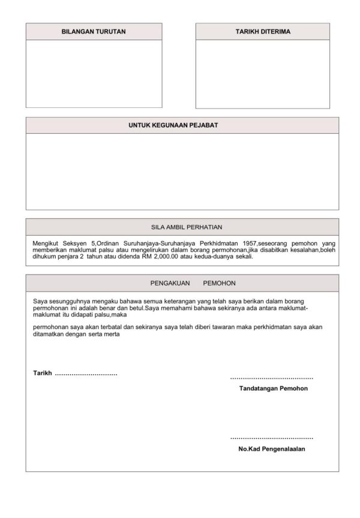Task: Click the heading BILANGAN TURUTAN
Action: tap(94, 31)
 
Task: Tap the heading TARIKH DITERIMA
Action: tap(263, 31)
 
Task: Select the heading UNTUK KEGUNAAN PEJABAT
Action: tap(182, 125)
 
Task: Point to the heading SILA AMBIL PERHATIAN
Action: tap(182, 227)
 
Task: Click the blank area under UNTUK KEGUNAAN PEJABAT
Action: tap(182, 171)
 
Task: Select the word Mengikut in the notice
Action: tap(46, 243)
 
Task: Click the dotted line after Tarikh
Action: tap(86, 374)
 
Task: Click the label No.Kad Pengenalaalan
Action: tap(272, 448)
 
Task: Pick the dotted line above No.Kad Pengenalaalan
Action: tap(272, 438)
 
